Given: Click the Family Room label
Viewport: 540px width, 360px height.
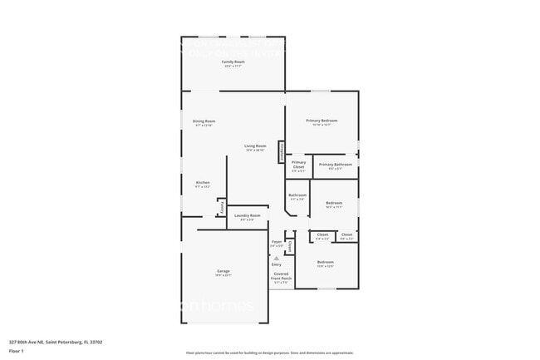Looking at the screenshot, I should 233,62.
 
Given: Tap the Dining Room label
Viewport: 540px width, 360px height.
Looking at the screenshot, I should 204,121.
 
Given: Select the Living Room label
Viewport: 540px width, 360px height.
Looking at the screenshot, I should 255,146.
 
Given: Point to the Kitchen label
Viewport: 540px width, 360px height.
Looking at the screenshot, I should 203,182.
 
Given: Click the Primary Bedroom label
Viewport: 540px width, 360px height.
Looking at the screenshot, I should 322,121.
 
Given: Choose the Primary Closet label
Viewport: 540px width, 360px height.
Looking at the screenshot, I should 298,165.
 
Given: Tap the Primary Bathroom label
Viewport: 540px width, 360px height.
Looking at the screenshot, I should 336,164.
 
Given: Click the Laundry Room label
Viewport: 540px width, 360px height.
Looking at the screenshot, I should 248,216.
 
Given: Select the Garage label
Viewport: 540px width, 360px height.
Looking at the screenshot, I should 223,271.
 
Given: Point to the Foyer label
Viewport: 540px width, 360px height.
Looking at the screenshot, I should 277,243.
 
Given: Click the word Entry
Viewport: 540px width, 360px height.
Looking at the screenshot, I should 276,264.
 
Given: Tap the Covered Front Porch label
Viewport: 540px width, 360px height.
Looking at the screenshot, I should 282,276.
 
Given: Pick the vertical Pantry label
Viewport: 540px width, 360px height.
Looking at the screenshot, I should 222,208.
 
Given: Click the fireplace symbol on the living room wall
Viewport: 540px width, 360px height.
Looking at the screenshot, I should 282,151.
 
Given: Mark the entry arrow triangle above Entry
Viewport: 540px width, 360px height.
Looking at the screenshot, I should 276,258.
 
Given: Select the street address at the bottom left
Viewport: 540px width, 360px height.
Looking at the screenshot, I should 55,341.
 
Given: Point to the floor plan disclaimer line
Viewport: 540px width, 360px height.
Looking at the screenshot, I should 269,353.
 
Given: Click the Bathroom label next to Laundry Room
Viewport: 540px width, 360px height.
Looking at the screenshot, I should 297,195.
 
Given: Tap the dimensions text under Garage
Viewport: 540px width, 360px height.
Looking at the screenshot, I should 223,275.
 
